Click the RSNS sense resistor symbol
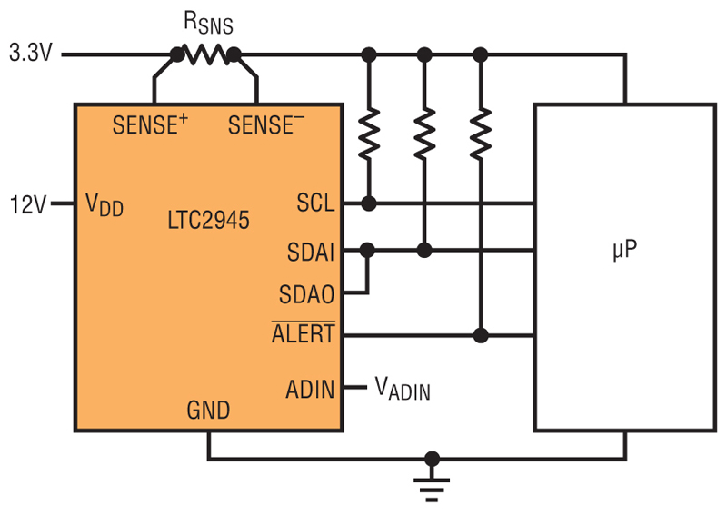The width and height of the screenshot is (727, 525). click(x=206, y=54)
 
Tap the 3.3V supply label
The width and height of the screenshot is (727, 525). click(x=31, y=53)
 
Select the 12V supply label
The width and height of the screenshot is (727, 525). click(x=28, y=204)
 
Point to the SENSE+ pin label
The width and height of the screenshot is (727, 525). click(x=150, y=124)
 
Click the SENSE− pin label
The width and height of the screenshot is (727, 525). click(x=266, y=124)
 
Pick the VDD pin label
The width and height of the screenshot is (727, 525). click(x=105, y=204)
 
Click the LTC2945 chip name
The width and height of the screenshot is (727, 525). click(x=208, y=220)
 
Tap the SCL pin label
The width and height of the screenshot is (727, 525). click(x=315, y=203)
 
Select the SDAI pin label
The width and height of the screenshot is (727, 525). click(x=311, y=253)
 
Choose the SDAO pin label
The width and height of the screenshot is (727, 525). click(x=306, y=294)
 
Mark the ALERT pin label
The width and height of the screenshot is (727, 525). click(x=304, y=332)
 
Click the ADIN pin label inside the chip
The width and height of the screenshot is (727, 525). click(x=310, y=390)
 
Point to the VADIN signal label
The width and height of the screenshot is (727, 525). click(x=403, y=389)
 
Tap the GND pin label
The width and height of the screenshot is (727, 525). click(x=208, y=410)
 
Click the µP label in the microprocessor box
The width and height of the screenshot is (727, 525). click(x=624, y=250)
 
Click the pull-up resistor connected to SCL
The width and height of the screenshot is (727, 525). click(x=369, y=134)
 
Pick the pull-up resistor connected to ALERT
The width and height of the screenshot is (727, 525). click(x=481, y=134)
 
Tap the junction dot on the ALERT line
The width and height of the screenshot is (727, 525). click(x=481, y=335)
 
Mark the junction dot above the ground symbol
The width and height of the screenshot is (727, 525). click(x=432, y=460)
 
